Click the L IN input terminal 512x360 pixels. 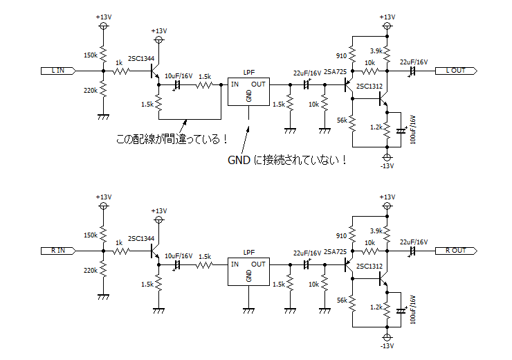click(58, 71)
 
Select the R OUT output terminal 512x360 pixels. click(456, 251)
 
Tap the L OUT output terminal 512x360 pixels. click(456, 71)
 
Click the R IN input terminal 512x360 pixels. click(58, 251)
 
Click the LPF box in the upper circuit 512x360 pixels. click(248, 91)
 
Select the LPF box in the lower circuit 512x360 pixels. click(248, 271)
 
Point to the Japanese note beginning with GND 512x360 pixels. click(286, 160)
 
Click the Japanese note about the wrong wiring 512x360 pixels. click(172, 139)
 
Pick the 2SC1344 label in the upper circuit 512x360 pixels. click(141, 58)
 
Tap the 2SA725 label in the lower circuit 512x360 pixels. click(335, 252)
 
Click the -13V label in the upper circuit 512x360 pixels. click(387, 166)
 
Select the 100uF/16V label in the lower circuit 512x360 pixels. click(413, 309)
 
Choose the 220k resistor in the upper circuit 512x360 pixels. click(103, 89)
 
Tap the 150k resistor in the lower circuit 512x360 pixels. click(103, 233)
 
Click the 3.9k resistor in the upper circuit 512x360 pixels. click(387, 53)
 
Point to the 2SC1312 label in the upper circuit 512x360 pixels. click(369, 87)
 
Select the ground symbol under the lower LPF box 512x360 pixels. click(248, 311)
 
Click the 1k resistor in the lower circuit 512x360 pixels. click(122, 251)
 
